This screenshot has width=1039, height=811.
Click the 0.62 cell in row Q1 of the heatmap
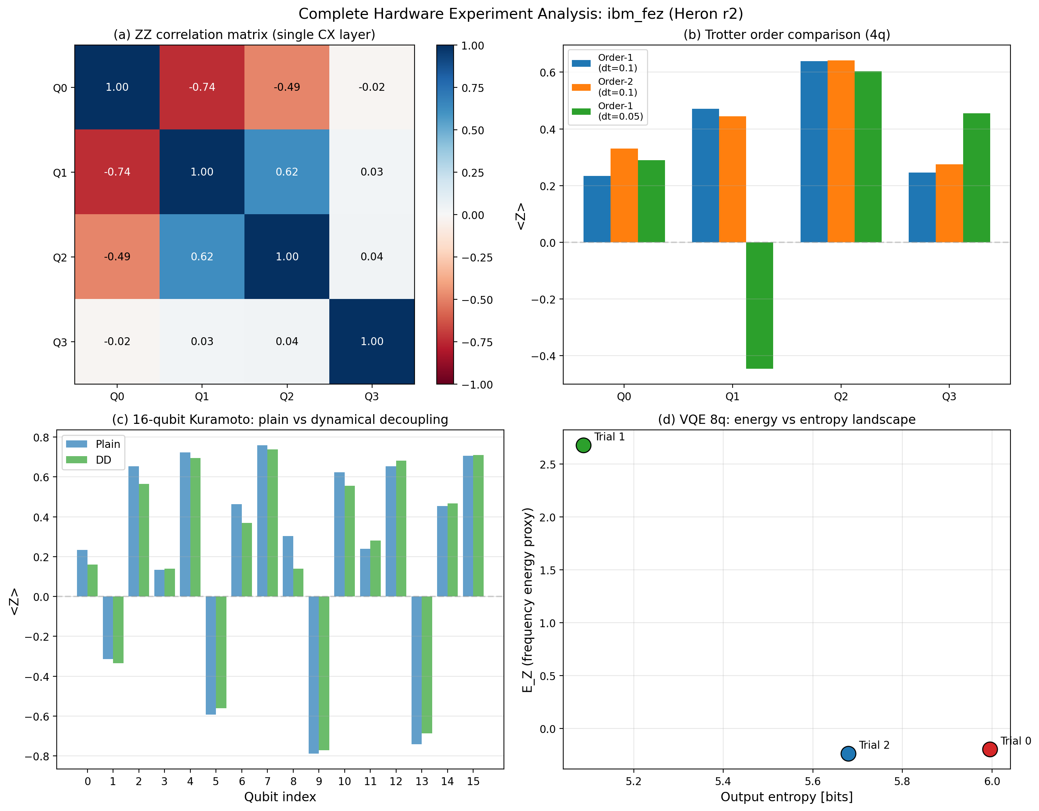287,171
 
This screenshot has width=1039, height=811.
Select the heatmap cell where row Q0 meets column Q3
371,87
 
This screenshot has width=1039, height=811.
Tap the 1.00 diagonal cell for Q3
371,341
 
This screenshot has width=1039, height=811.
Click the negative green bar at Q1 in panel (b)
759,305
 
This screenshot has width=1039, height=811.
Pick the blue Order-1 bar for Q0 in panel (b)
597,209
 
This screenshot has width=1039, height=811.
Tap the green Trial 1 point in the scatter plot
583,445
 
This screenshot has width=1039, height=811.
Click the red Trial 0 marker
989,749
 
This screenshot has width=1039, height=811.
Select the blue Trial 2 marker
848,754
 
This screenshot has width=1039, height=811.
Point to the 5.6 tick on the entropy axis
813,781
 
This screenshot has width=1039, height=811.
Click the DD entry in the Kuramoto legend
103,460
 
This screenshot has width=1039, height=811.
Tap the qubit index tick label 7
267,781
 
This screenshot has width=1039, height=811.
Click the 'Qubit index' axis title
280,797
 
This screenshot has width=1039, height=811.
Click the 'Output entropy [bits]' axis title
786,797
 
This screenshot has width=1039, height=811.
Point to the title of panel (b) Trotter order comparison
786,35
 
